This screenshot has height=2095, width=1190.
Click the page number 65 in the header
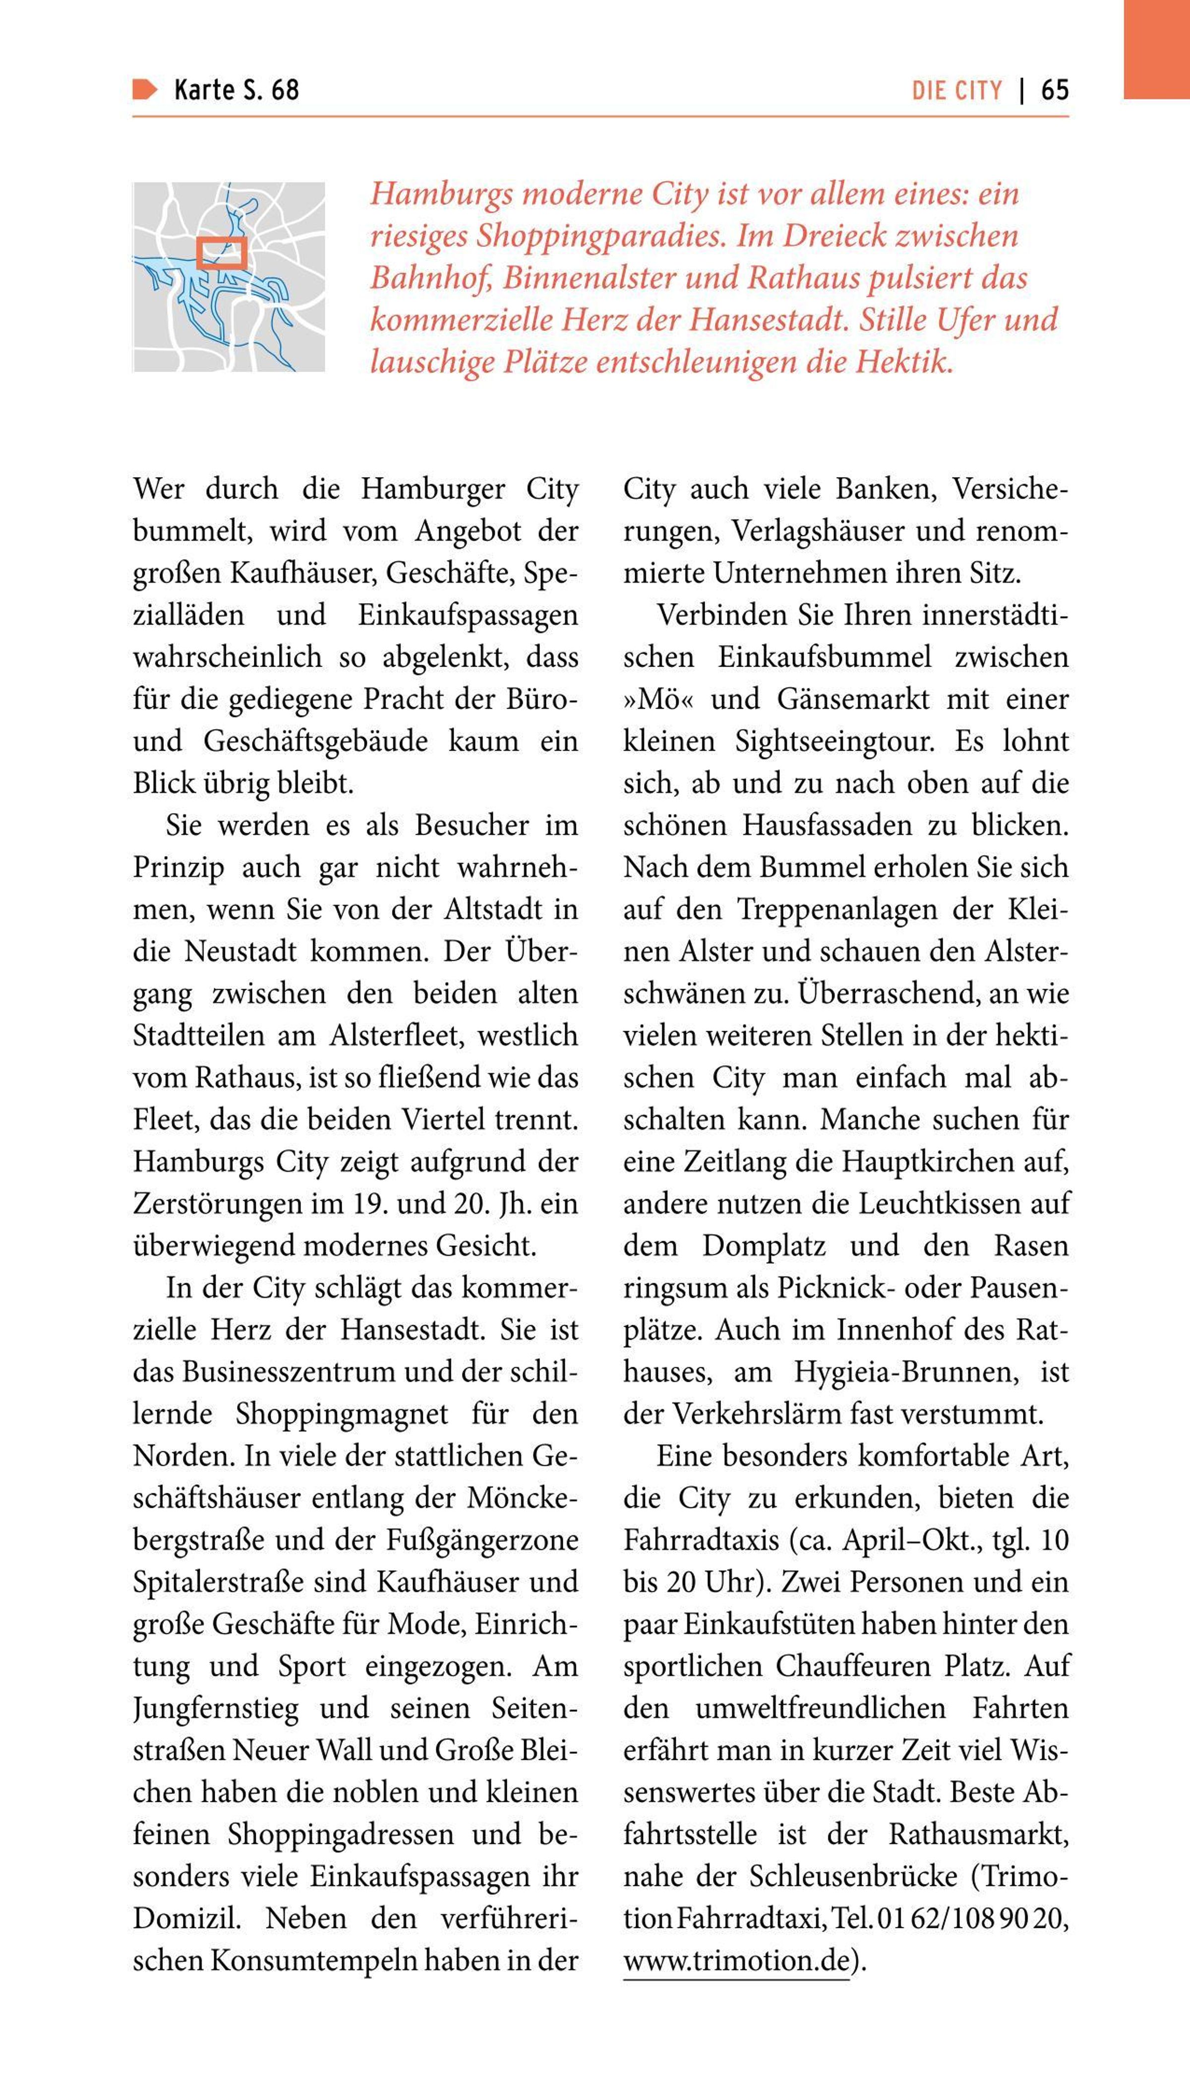coord(1054,90)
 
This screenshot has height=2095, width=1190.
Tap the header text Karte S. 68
coord(236,90)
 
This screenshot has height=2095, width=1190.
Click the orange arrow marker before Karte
coord(145,89)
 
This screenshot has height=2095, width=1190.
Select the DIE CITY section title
coord(957,90)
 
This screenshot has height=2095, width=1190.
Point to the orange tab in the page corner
coord(1156,49)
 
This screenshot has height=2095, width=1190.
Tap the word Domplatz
coord(764,1246)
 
